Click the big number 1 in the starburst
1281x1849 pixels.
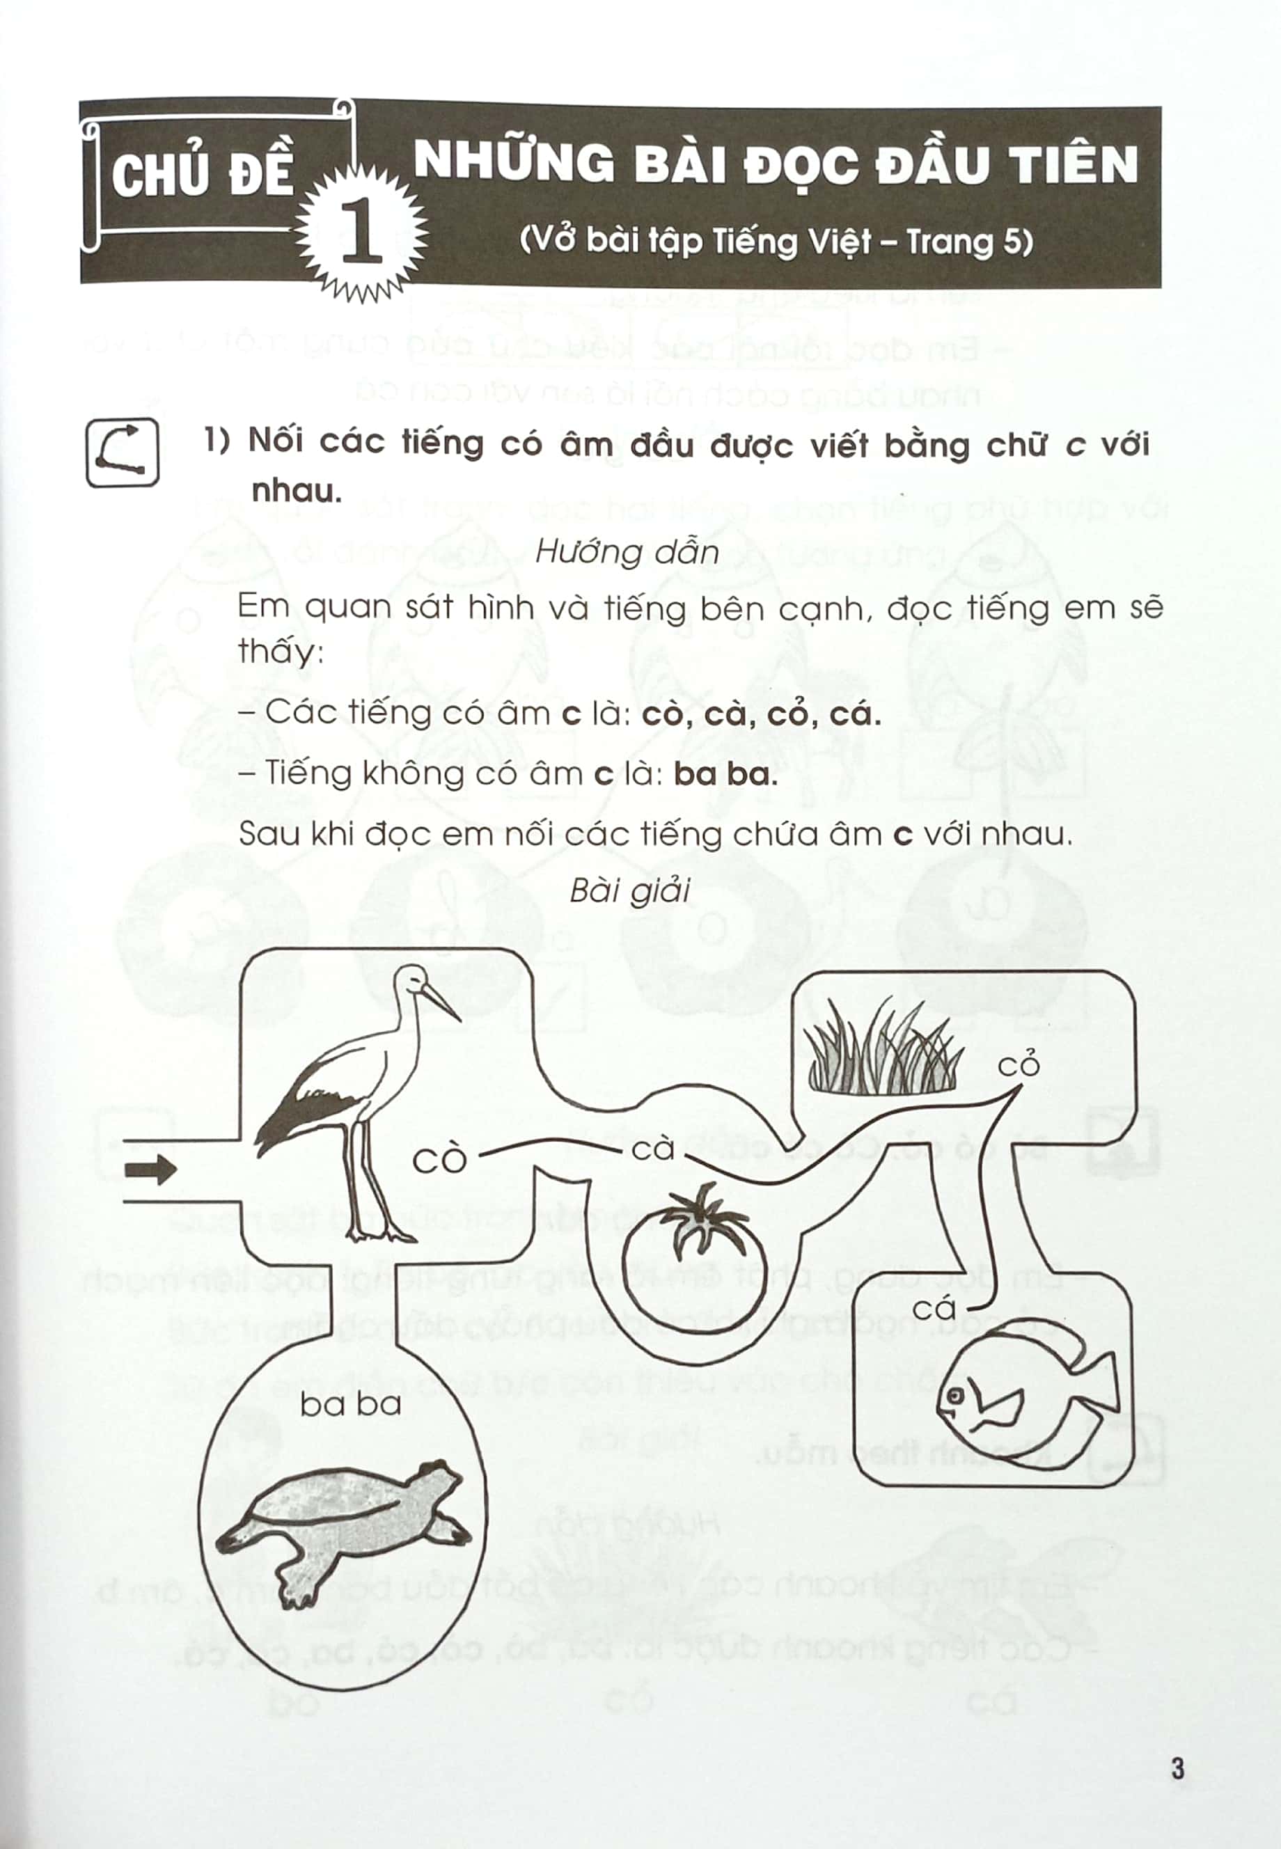click(361, 232)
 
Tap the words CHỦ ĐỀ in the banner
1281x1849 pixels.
click(203, 175)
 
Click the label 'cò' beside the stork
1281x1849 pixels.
click(439, 1160)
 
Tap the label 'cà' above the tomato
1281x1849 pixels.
click(652, 1149)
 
